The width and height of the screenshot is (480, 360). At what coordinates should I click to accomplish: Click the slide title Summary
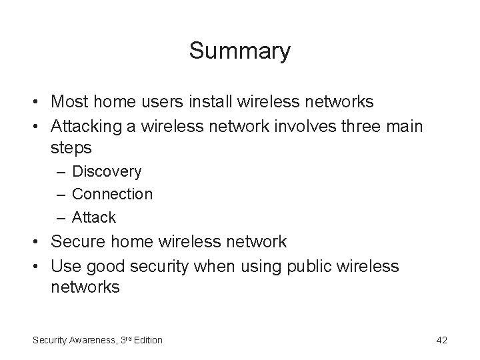pos(240,51)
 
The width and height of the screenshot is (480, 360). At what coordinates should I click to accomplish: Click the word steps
pos(71,147)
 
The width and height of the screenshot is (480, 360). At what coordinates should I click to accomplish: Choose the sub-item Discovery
pos(107,171)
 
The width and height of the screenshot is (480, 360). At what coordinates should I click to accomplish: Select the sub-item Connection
pos(112,194)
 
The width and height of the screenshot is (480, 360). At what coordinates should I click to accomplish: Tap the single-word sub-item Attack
pos(93,217)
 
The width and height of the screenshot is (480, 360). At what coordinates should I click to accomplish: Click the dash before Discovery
pos(61,171)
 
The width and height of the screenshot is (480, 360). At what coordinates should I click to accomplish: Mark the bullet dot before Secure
pos(37,241)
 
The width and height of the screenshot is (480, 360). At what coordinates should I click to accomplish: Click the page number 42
pos(441,340)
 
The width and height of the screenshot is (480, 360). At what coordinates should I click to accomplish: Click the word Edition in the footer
pos(147,340)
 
